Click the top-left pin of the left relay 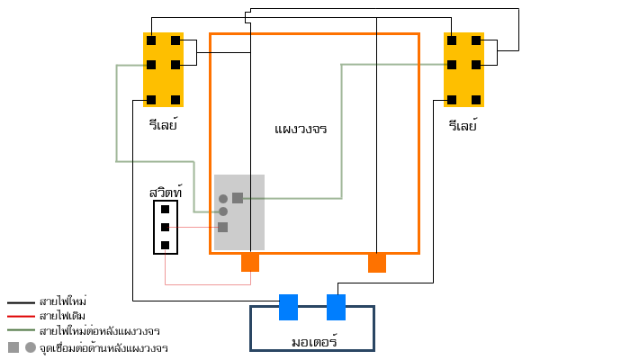[151, 40]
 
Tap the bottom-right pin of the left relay [175, 100]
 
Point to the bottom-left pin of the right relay [452, 100]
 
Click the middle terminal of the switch [165, 227]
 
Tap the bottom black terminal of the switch [165, 245]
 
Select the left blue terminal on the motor [288, 307]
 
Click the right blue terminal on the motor [336, 307]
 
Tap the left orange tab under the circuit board [250, 263]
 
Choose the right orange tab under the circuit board [377, 263]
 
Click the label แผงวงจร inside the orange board [301, 129]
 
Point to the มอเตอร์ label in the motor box [314, 342]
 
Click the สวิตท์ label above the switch [166, 192]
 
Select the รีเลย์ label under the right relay [463, 125]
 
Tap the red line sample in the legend [21, 317]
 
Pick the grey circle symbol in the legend [31, 347]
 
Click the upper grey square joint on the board [238, 198]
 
